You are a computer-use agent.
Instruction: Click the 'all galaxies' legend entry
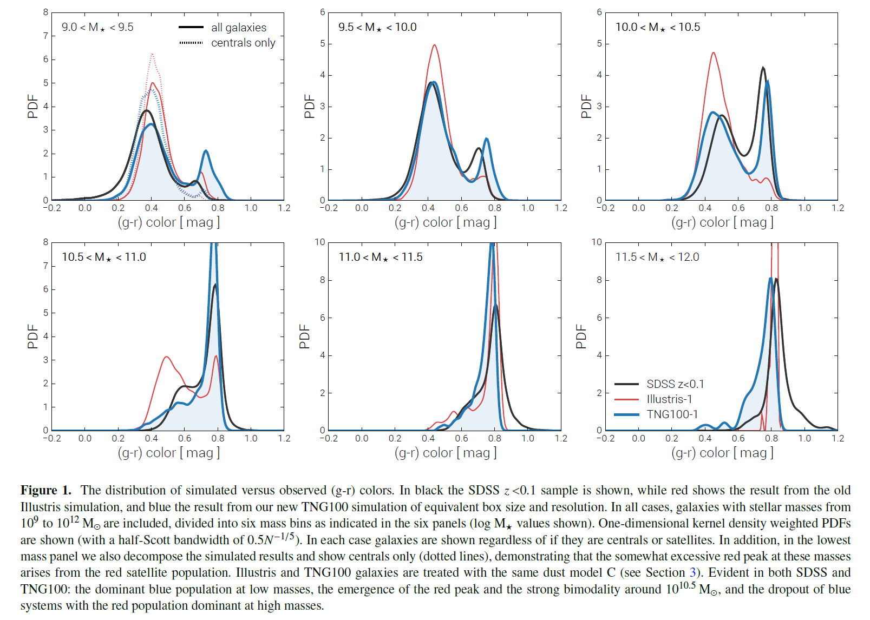coord(238,28)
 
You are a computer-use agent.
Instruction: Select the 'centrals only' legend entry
coord(243,43)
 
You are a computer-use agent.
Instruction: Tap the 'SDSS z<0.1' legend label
coord(675,384)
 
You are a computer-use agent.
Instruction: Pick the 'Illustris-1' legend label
coord(669,399)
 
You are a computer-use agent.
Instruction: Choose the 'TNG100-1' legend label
coord(672,414)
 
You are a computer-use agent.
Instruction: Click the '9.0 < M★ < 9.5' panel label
coord(97,27)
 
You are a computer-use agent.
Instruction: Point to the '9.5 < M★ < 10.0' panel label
coord(377,27)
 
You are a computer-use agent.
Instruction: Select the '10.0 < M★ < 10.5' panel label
coord(657,27)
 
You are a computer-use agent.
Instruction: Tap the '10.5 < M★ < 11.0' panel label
coord(104,257)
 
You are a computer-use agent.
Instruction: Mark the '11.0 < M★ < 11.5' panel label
coord(381,257)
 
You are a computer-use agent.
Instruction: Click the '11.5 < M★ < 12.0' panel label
coord(657,257)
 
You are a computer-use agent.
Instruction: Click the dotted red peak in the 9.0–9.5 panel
coord(152,54)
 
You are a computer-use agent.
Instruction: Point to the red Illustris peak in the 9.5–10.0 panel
coord(435,45)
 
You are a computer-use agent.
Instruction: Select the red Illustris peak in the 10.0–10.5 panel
coord(714,53)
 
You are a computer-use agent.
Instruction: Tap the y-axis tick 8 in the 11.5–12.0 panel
coord(599,280)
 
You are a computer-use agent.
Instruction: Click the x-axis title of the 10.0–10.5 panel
coord(722,222)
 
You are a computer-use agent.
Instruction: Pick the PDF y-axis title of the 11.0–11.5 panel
coord(305,336)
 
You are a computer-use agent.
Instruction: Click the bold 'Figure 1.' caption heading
coord(46,490)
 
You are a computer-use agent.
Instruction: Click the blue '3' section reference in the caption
coord(692,572)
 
